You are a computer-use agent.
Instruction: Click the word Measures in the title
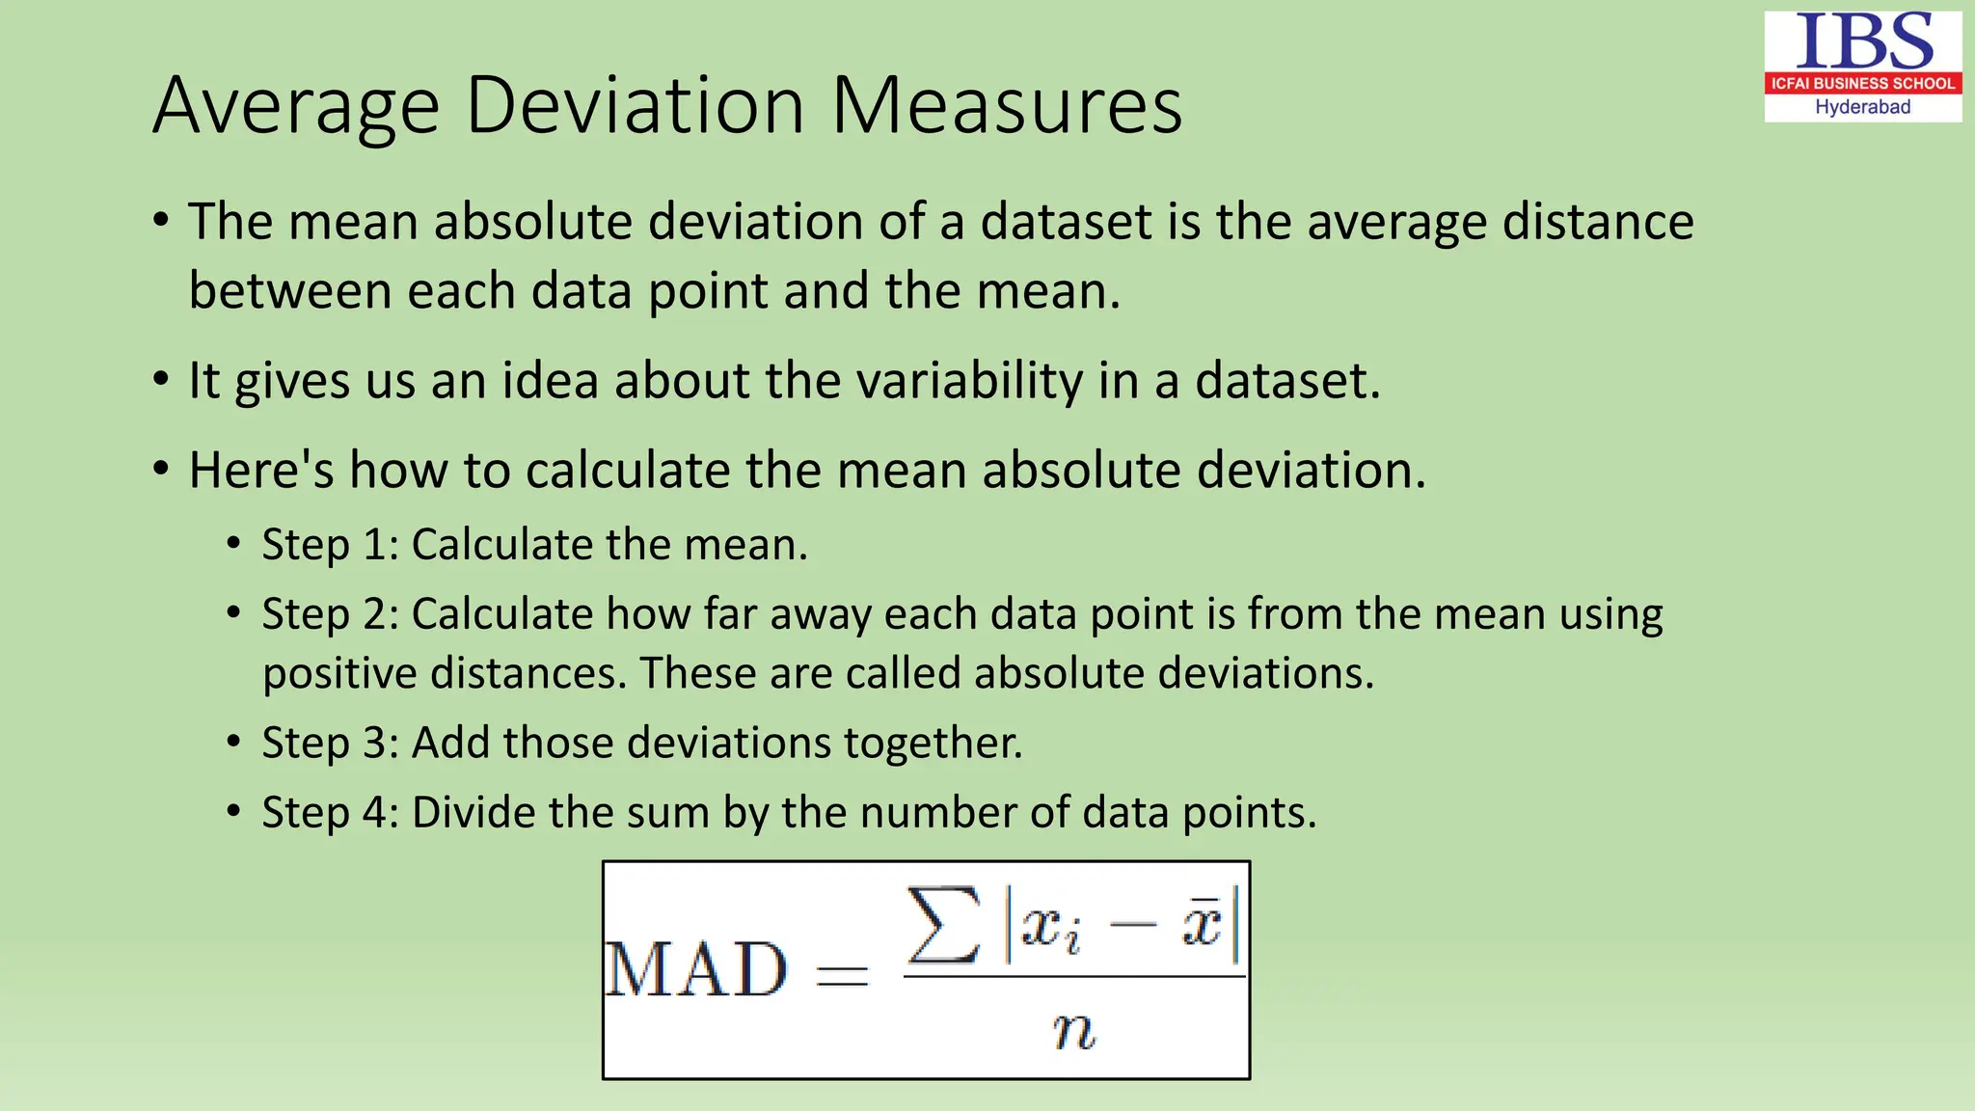click(x=1006, y=105)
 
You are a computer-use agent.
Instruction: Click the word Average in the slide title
click(x=297, y=107)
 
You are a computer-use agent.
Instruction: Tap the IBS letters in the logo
click(x=1863, y=41)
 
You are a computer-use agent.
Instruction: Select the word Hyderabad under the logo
click(x=1862, y=107)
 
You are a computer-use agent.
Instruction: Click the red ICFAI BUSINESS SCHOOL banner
click(x=1862, y=83)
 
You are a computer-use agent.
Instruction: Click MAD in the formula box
click(x=696, y=969)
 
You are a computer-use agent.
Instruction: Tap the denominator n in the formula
click(x=1073, y=1030)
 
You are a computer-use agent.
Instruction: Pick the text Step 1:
click(x=331, y=545)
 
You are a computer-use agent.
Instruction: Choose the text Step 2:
click(x=331, y=614)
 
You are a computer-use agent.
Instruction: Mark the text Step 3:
click(x=331, y=743)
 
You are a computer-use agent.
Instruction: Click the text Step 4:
click(x=331, y=812)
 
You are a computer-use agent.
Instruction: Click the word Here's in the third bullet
click(x=261, y=471)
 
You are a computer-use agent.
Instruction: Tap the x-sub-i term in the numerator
click(x=1050, y=928)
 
